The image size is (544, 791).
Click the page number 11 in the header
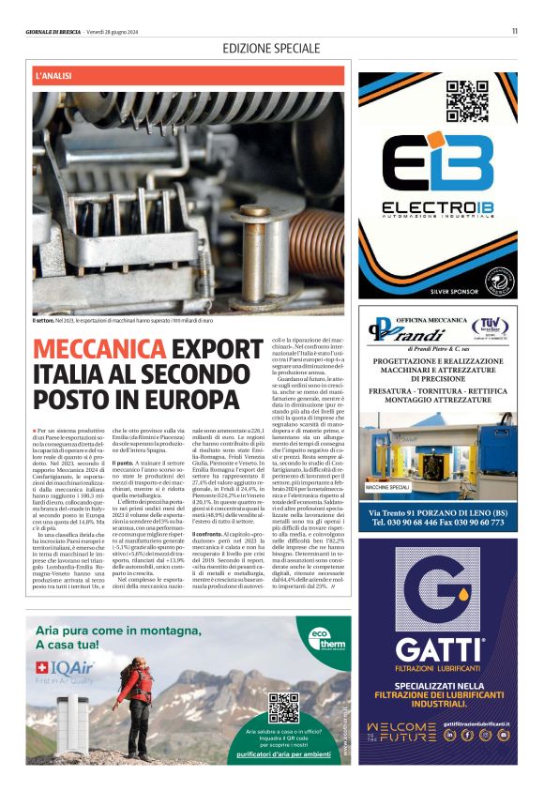[x=515, y=30]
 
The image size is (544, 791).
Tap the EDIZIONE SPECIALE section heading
[x=271, y=48]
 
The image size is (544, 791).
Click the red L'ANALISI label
[x=53, y=74]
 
